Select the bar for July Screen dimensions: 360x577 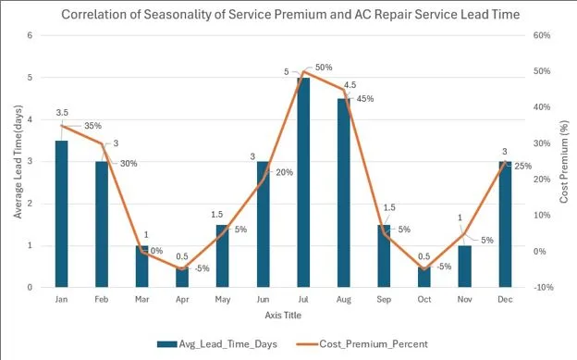[x=303, y=185]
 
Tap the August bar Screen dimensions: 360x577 [x=344, y=194]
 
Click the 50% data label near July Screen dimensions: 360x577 [x=324, y=68]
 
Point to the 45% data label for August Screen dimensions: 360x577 [x=365, y=98]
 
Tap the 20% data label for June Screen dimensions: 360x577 [x=285, y=172]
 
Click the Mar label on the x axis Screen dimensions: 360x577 [x=142, y=300]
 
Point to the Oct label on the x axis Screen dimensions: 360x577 [x=424, y=300]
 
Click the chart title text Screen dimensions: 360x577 [x=288, y=14]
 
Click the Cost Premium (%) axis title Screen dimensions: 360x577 [x=565, y=162]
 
